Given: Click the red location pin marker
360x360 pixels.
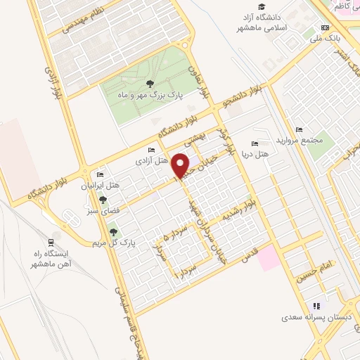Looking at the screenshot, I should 181,165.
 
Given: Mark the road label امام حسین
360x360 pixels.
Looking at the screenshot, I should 312,270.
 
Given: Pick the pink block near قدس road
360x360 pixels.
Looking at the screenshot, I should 267,259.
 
